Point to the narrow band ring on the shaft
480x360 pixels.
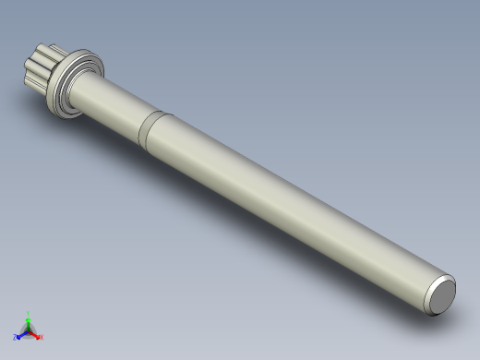153,128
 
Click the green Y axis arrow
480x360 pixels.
29,319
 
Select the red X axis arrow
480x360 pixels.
35,334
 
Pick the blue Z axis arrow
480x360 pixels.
22,334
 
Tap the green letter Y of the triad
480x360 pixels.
29,313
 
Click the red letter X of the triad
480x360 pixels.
41,337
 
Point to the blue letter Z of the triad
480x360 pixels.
17,337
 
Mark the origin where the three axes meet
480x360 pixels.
29,330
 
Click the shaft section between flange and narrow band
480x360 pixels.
115,106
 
